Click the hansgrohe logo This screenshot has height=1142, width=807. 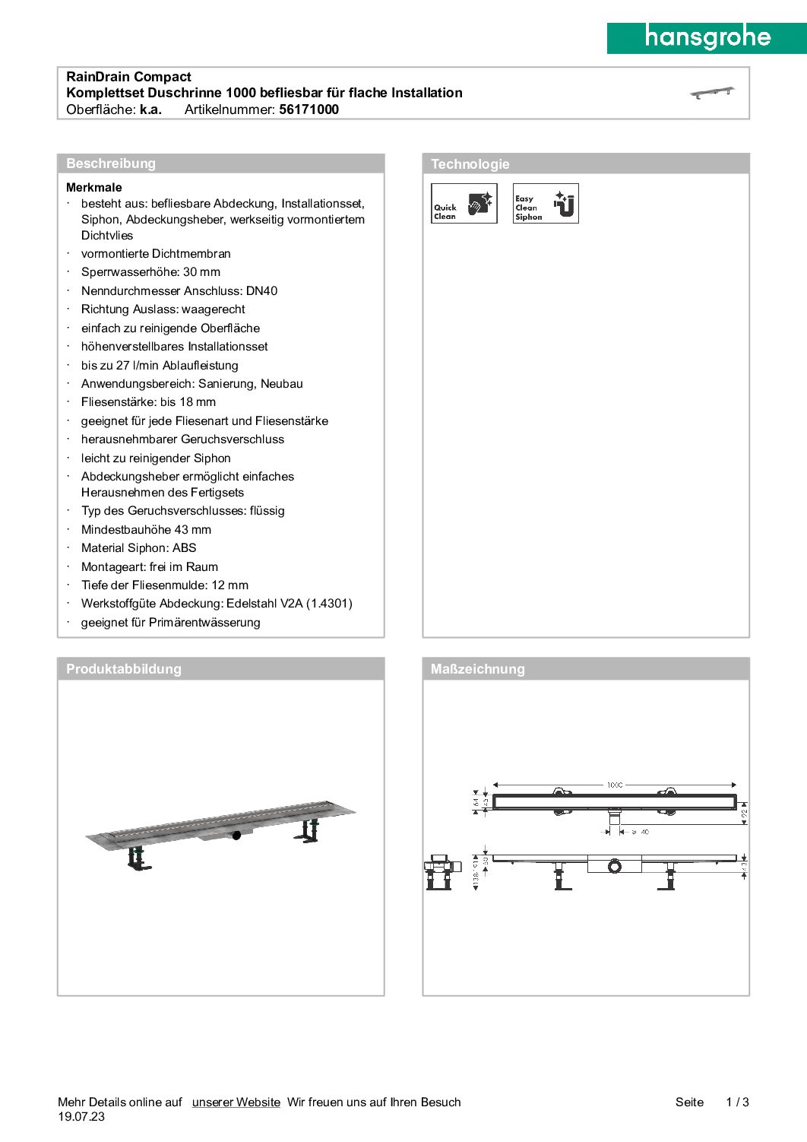[x=707, y=37]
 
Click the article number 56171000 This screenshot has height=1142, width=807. [x=309, y=109]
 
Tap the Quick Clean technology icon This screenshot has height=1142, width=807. [x=464, y=204]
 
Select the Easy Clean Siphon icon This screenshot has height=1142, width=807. [x=546, y=204]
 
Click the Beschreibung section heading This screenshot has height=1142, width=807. [x=111, y=163]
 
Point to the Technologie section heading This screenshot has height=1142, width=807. [x=470, y=164]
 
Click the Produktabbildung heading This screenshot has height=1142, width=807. [x=124, y=669]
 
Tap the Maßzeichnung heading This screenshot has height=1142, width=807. [x=478, y=669]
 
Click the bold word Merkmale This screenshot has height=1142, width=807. [x=94, y=187]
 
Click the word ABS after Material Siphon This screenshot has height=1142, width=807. [x=184, y=547]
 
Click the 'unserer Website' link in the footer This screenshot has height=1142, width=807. [x=236, y=1102]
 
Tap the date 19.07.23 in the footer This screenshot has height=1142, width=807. [x=81, y=1117]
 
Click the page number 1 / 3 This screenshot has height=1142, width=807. [x=737, y=1102]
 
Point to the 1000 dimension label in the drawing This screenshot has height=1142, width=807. [x=614, y=785]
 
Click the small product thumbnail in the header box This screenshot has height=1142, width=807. [x=712, y=93]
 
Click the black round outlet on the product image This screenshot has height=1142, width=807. [x=236, y=835]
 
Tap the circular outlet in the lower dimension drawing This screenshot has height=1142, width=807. [x=614, y=866]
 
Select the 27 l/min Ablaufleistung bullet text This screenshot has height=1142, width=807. [x=160, y=365]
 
